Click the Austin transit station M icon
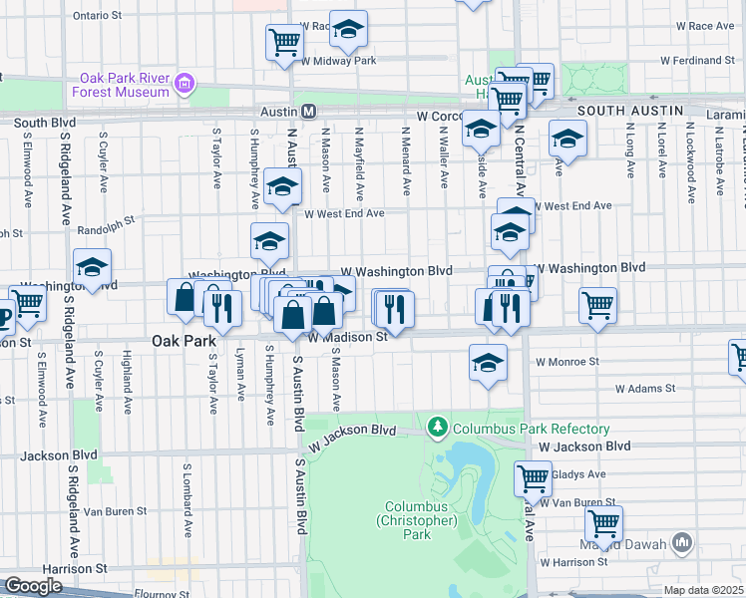(309, 111)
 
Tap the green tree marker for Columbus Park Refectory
(437, 429)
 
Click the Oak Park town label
(184, 340)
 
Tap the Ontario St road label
(97, 17)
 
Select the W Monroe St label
(566, 362)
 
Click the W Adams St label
(645, 388)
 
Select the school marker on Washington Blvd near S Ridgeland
(92, 268)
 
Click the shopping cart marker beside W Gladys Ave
(534, 477)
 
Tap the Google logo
(33, 586)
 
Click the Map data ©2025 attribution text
(704, 590)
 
